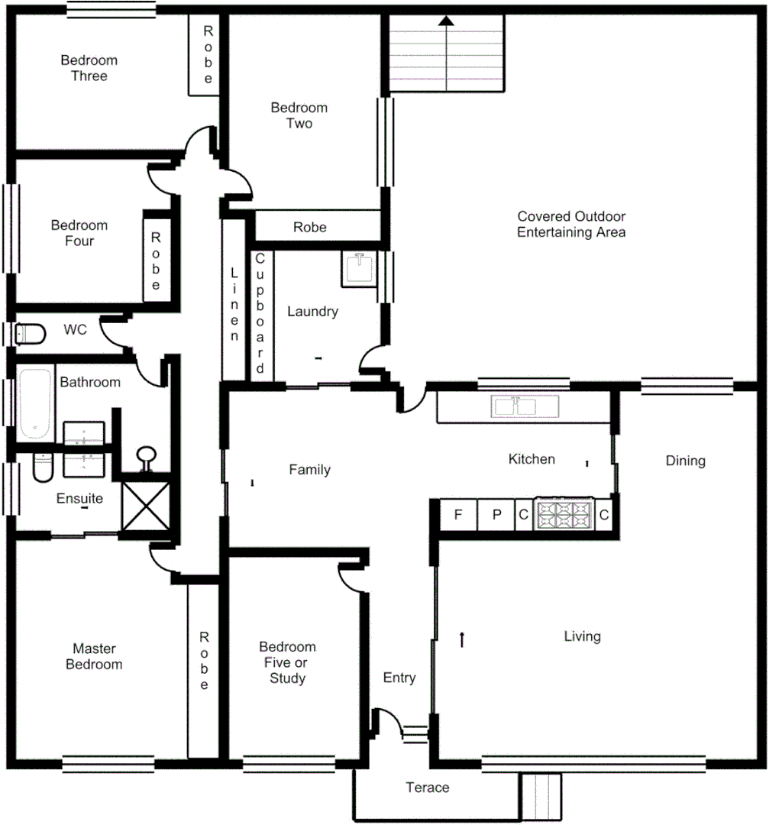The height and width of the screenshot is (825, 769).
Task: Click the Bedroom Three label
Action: click(89, 68)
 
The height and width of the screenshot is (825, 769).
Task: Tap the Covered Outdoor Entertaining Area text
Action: click(570, 225)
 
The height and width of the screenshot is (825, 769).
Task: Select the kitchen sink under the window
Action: click(517, 406)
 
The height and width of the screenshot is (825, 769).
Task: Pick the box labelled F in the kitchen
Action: click(458, 515)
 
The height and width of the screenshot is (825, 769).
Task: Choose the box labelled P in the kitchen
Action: click(496, 515)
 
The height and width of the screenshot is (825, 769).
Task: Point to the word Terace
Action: click(427, 788)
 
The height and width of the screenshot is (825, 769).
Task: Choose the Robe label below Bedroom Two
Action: click(309, 227)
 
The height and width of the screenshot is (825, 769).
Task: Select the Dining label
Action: click(685, 461)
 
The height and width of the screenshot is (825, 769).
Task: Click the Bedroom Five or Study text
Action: click(287, 662)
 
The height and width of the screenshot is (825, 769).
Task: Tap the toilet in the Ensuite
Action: click(42, 467)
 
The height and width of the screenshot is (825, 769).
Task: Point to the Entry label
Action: click(399, 678)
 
